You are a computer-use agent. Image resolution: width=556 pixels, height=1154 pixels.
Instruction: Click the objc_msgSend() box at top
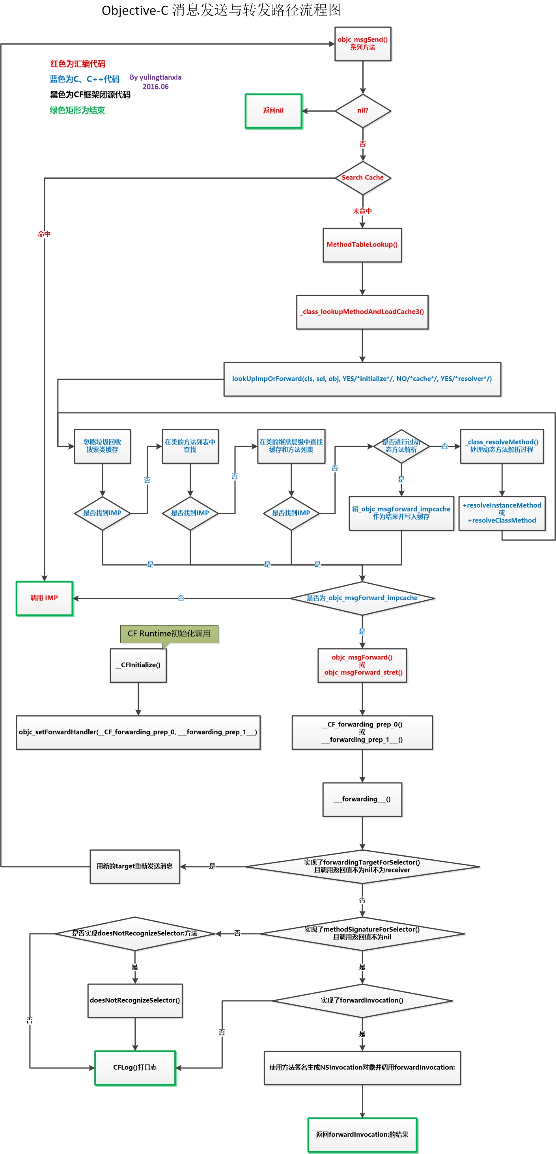362,44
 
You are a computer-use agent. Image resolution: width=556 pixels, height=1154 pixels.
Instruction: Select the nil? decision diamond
362,111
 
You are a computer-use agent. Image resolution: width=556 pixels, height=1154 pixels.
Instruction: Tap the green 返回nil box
273,111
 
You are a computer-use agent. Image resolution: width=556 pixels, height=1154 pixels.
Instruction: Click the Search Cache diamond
362,178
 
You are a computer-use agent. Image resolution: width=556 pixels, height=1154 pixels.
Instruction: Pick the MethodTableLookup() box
362,245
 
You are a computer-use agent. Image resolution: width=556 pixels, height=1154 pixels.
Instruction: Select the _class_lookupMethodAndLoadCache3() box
362,312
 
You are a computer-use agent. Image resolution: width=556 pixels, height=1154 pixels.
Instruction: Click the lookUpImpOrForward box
362,379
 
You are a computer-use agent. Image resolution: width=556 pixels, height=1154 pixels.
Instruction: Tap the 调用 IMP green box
44,598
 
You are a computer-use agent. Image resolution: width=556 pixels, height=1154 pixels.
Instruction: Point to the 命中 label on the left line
44,234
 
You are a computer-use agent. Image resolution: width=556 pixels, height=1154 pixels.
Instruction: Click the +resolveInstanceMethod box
502,513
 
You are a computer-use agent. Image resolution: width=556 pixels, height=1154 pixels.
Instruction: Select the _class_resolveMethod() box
502,446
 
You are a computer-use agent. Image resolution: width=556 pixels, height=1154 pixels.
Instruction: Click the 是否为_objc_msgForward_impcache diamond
362,598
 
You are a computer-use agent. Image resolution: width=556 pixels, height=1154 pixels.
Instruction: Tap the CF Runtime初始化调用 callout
169,634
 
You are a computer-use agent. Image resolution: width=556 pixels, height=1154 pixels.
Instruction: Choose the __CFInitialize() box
138,665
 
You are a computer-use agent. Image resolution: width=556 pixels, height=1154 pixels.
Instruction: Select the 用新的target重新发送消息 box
135,866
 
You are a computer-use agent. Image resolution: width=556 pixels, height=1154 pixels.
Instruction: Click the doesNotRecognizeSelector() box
135,1000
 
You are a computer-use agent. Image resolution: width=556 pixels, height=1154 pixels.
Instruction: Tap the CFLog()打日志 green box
135,1068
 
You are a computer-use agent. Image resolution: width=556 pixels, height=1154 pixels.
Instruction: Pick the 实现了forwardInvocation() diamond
362,1000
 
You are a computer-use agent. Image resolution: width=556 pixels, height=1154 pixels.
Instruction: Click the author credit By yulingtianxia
155,78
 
